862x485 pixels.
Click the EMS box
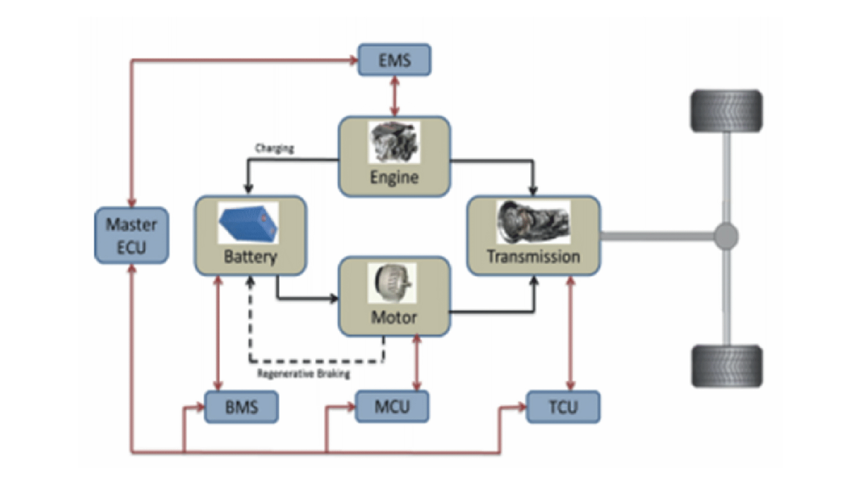click(394, 60)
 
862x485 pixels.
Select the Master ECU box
click(132, 235)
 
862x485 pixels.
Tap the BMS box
click(242, 407)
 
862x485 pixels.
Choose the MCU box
click(392, 406)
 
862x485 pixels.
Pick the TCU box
click(563, 407)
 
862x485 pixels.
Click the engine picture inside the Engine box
click(394, 142)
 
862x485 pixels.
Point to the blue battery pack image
click(248, 223)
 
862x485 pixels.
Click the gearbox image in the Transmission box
click(533, 222)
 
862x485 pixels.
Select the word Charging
click(274, 148)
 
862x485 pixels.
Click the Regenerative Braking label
click(303, 374)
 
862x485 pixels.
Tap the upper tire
click(726, 111)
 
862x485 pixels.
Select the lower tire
click(726, 366)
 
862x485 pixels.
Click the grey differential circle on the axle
click(726, 236)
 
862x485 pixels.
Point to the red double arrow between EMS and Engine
click(395, 96)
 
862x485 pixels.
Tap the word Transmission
click(533, 256)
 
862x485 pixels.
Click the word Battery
click(250, 257)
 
